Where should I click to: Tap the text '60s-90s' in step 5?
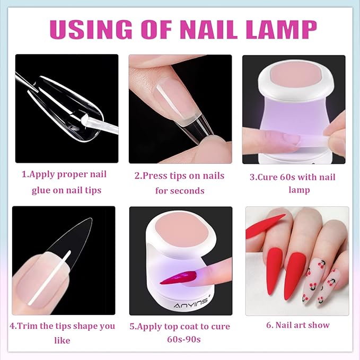180,339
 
